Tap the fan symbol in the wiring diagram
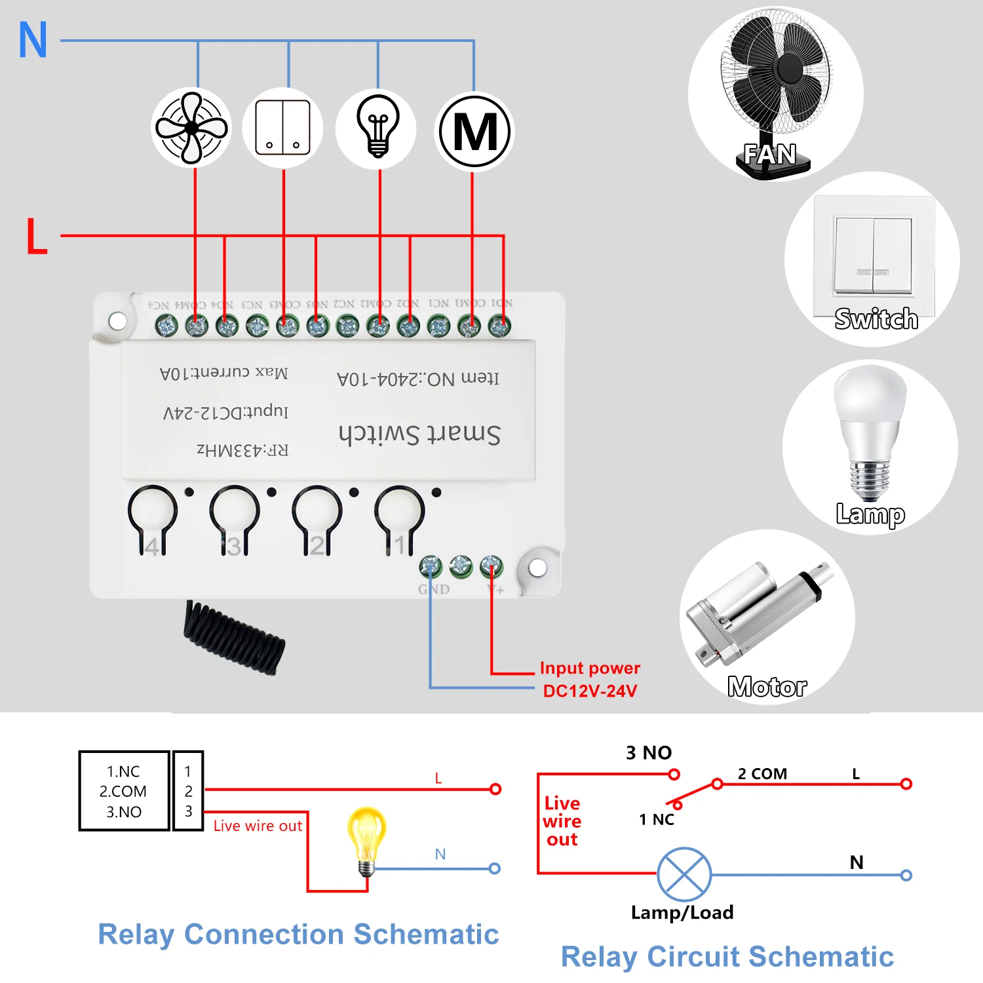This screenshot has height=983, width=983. [x=191, y=128]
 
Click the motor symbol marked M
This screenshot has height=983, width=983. [x=475, y=132]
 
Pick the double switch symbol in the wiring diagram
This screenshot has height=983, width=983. [x=283, y=128]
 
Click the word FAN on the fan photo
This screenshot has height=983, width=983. [x=770, y=155]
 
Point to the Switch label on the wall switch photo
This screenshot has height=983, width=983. [x=876, y=319]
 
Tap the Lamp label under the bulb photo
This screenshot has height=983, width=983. [x=870, y=514]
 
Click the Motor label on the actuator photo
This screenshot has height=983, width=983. [x=767, y=687]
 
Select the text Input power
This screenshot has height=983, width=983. [x=590, y=668]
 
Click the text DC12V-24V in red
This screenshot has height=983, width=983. [x=590, y=691]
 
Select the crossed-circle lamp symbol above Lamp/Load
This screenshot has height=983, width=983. [x=684, y=874]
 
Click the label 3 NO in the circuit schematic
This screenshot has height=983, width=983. [x=649, y=752]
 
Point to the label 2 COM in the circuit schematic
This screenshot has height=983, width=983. [x=762, y=774]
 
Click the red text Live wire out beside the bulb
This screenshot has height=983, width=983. [x=258, y=826]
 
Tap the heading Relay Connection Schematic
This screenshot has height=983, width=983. [x=298, y=934]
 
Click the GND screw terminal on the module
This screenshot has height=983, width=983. [x=431, y=566]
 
